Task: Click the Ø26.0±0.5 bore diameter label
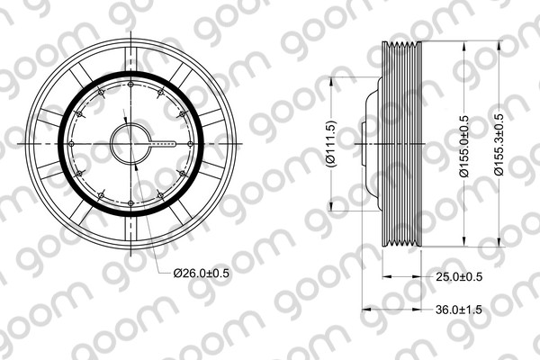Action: [202, 271]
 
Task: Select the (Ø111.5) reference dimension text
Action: [330, 144]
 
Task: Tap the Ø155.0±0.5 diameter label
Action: [463, 144]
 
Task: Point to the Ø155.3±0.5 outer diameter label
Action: [499, 144]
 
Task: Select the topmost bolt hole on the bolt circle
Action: [131, 85]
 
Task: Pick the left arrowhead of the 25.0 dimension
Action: [385, 276]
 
